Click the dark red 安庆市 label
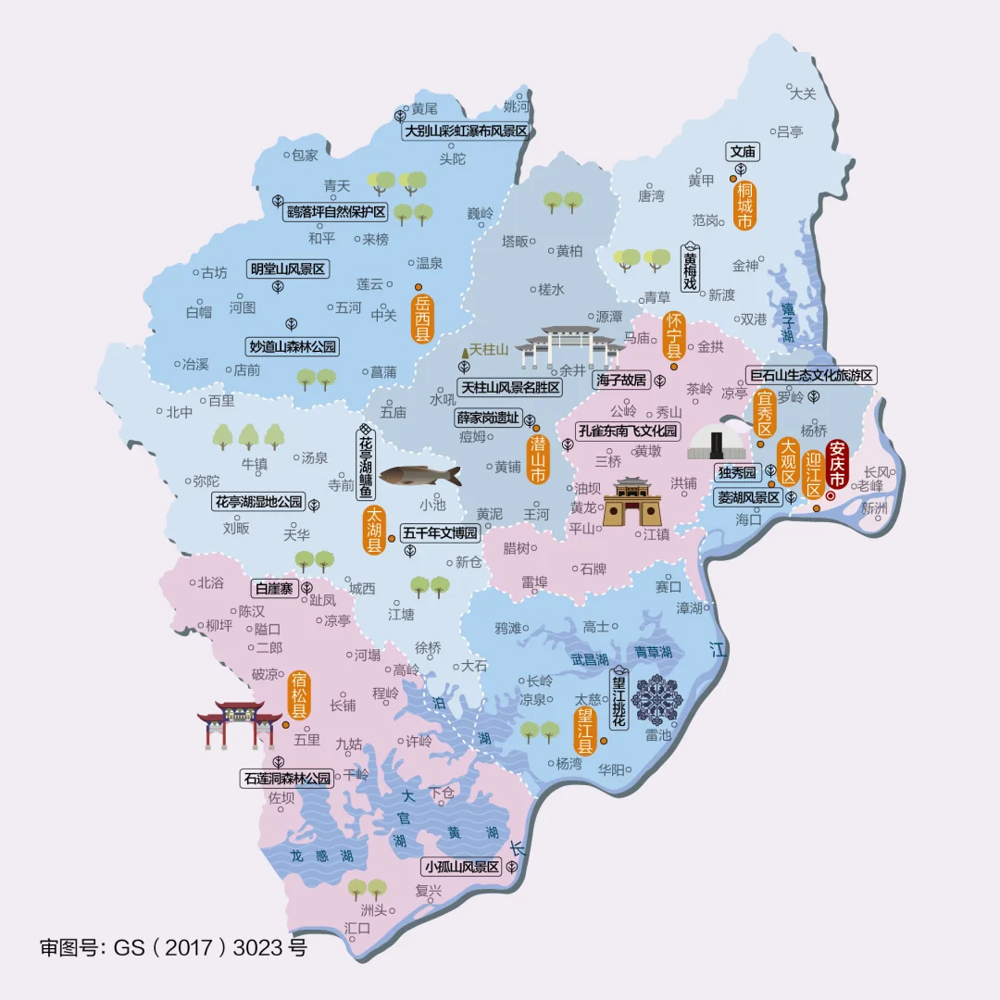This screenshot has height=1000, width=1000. (837, 464)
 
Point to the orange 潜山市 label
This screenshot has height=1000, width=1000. (537, 458)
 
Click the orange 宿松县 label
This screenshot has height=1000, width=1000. (298, 695)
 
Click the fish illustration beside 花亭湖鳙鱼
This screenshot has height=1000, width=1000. (419, 476)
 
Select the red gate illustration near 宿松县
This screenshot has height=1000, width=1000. (239, 723)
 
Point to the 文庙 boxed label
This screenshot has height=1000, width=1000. (743, 152)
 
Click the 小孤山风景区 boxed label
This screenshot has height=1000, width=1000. (460, 868)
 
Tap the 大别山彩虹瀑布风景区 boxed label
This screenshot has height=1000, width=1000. (466, 131)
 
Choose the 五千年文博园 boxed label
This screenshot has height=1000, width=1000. (441, 533)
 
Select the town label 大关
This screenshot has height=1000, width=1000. (803, 94)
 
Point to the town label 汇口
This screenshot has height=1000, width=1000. (356, 928)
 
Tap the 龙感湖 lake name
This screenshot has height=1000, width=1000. (320, 856)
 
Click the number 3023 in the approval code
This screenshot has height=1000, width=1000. (257, 948)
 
